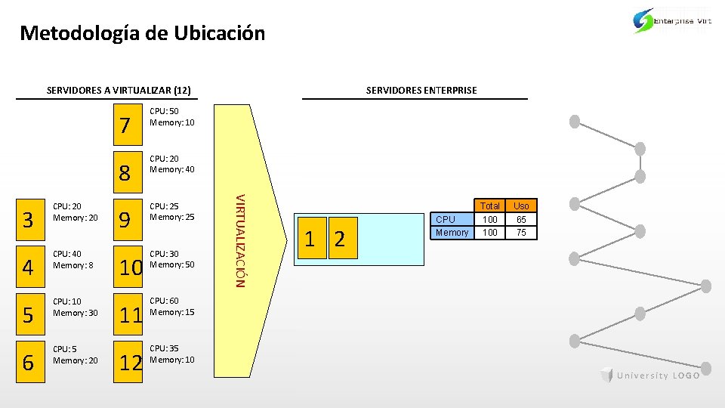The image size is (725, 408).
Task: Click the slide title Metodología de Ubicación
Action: click(x=143, y=33)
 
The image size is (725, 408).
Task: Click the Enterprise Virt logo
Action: click(x=672, y=21)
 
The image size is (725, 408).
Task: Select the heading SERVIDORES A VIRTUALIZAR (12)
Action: click(x=118, y=91)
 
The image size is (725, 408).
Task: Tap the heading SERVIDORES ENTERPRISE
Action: click(x=421, y=91)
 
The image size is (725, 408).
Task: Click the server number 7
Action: click(x=126, y=125)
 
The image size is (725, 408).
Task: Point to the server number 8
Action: click(x=126, y=173)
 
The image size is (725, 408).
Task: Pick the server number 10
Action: click(x=131, y=267)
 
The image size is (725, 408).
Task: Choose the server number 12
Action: click(x=131, y=363)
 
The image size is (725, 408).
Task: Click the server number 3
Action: click(x=29, y=221)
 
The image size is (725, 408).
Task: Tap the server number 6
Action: click(x=29, y=363)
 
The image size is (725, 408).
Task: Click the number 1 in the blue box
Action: click(x=310, y=240)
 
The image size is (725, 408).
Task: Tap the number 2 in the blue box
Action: click(x=339, y=240)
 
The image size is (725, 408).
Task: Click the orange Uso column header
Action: click(x=521, y=206)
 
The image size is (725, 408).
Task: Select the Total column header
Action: click(x=490, y=206)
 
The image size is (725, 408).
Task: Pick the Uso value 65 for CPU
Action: click(x=521, y=220)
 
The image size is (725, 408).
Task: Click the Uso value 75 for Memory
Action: click(x=521, y=233)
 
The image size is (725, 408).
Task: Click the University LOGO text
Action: click(x=658, y=376)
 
